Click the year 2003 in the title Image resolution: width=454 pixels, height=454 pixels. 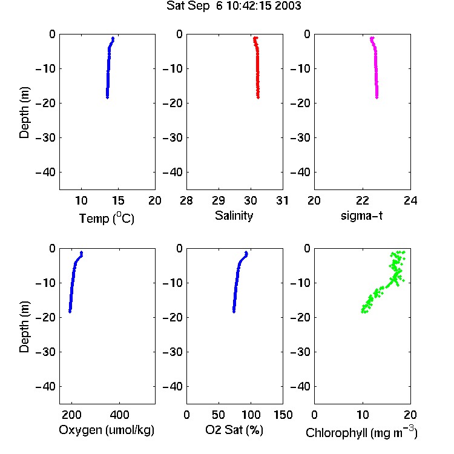click(x=288, y=6)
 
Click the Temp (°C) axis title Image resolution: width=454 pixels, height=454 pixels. click(x=107, y=219)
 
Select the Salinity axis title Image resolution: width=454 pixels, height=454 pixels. click(x=234, y=216)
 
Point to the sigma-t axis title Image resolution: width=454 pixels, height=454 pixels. click(x=361, y=215)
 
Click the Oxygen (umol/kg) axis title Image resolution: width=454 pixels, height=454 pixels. click(x=107, y=430)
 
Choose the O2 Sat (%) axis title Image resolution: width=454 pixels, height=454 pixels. click(x=234, y=430)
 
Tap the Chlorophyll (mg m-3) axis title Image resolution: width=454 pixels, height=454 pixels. click(x=361, y=432)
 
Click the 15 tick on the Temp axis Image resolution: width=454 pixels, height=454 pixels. click(x=118, y=200)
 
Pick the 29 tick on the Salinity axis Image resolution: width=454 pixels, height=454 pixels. click(x=219, y=200)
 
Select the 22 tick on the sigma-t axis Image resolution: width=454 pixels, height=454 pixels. click(x=363, y=200)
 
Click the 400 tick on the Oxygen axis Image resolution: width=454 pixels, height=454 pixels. click(x=120, y=415)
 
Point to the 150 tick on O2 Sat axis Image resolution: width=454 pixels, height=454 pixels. click(x=283, y=415)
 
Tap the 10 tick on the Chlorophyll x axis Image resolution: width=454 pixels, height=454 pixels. click(x=363, y=415)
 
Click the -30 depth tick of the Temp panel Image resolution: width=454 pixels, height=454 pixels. click(x=45, y=138)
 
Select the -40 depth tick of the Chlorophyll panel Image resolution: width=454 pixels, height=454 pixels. click(x=300, y=387)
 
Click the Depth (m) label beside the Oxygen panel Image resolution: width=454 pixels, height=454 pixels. click(x=24, y=327)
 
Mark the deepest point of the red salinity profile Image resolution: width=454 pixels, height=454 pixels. click(x=258, y=97)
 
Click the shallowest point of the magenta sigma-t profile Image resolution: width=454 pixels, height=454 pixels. click(x=372, y=38)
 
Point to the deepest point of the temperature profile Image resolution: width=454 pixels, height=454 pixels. click(x=107, y=97)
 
